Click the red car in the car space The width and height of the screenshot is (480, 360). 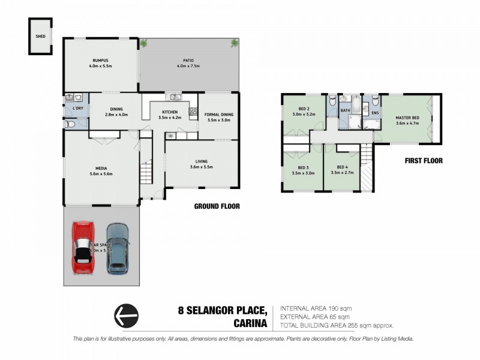click(83, 248)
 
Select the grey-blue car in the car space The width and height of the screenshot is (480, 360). click(118, 248)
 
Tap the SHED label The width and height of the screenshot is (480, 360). click(40, 36)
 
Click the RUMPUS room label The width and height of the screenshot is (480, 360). click(100, 60)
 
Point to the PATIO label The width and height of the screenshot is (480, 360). click(188, 60)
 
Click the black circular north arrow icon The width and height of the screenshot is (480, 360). click(126, 316)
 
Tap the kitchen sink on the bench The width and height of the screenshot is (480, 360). click(173, 97)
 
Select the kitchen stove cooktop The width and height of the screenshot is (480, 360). click(193, 110)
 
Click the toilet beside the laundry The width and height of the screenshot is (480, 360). click(70, 125)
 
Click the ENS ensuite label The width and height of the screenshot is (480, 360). click(376, 112)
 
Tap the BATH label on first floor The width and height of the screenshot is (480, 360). click(345, 110)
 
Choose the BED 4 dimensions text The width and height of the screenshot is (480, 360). click(341, 172)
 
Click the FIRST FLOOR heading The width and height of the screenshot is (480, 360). click(424, 160)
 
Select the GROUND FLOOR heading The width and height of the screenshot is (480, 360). click(217, 206)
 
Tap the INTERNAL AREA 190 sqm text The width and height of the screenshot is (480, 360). click(314, 308)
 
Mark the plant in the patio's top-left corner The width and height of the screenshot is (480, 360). click(143, 43)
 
